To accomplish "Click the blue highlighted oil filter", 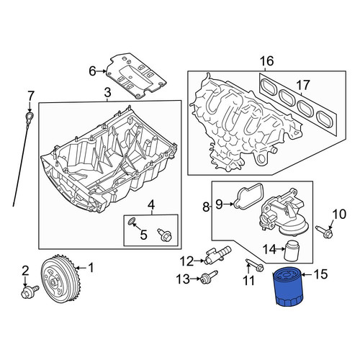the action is pyautogui.click(x=288, y=288).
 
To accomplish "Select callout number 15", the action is pyautogui.click(x=320, y=274).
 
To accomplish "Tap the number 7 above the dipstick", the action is pyautogui.click(x=31, y=96).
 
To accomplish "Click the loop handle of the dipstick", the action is pyautogui.click(x=30, y=117).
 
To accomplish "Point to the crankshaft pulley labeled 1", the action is pyautogui.click(x=60, y=279).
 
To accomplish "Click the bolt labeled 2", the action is pyautogui.click(x=30, y=291).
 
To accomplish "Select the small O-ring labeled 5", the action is pyautogui.click(x=132, y=221).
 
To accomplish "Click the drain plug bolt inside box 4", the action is pyautogui.click(x=165, y=235).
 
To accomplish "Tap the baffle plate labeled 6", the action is pyautogui.click(x=136, y=76).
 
